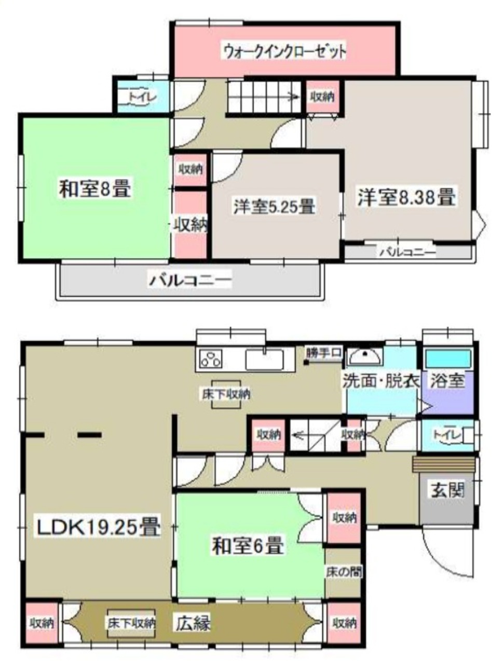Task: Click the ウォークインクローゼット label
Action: pos(284,52)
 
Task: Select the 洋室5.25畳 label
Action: pos(274,206)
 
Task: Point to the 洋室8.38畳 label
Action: pos(406,197)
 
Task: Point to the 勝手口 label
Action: pos(324,352)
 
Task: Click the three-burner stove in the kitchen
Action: pos(210,360)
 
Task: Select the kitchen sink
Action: pos(265,360)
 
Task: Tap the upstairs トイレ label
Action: pos(142,98)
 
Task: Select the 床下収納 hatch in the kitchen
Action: pos(226,394)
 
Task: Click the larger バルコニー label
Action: pos(190,281)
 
